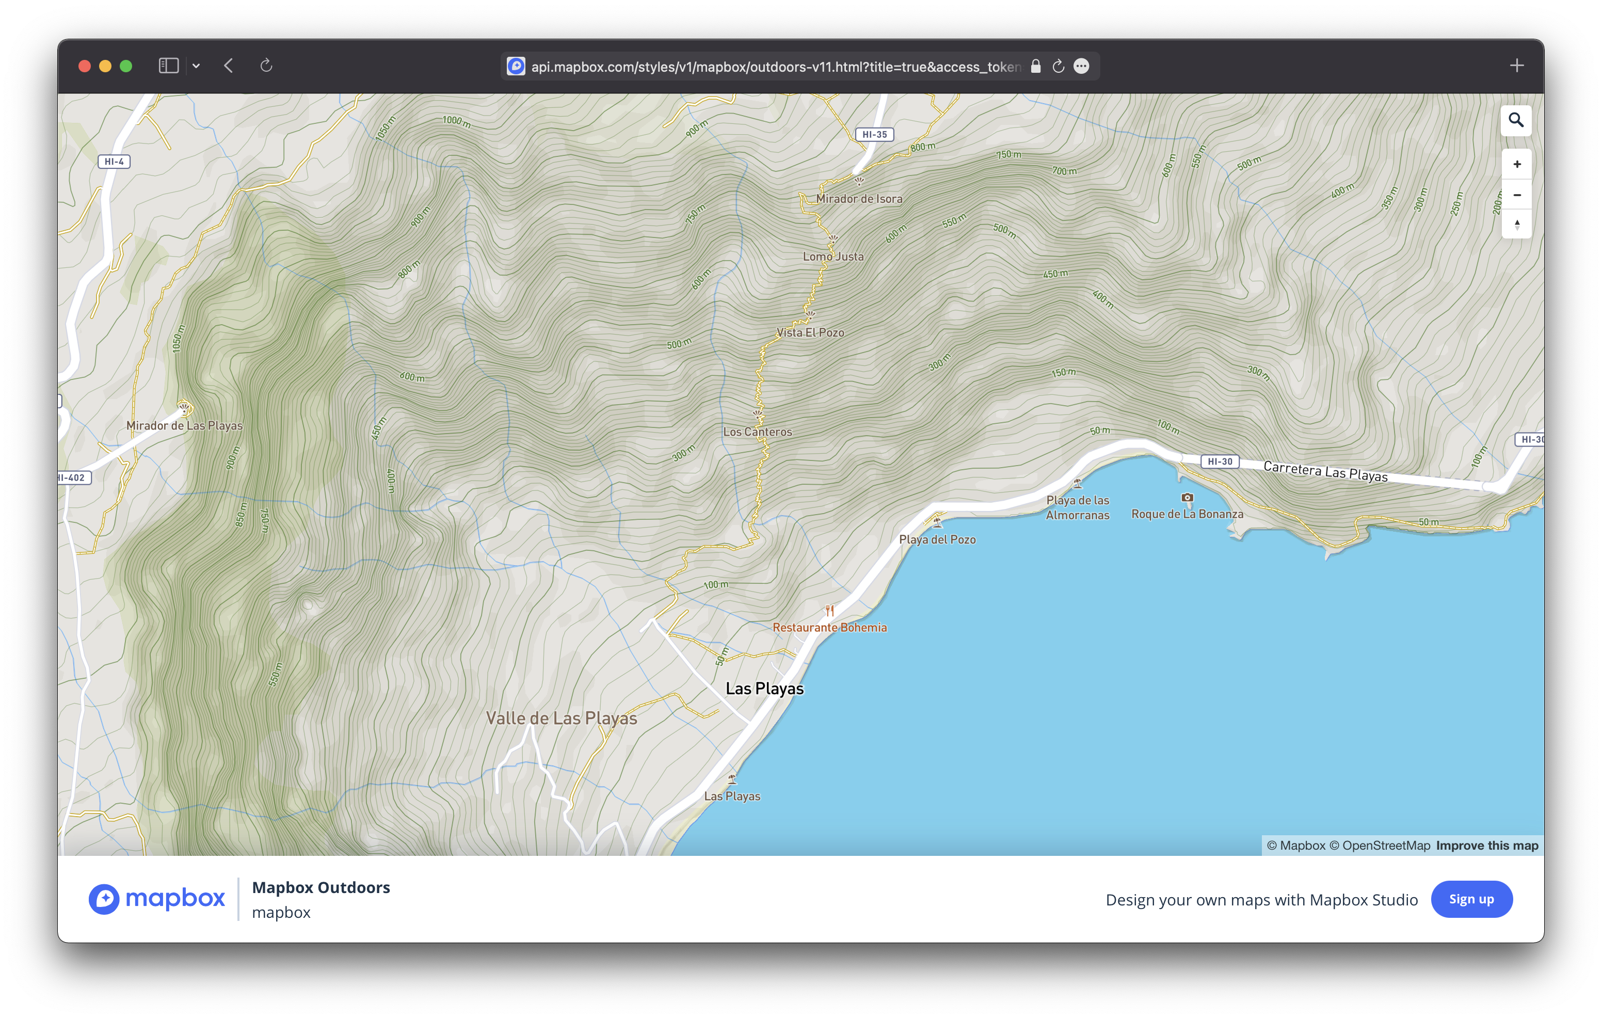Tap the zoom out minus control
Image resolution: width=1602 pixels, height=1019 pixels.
1516,195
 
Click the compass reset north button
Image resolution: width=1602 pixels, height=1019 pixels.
1516,225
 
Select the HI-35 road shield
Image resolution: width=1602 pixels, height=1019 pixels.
874,134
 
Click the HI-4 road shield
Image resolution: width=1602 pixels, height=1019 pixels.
114,162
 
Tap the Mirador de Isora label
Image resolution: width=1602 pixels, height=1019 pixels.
859,199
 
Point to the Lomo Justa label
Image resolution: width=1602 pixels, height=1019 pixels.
833,257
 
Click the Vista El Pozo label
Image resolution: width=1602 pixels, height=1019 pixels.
810,333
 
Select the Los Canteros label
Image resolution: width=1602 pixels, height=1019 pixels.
757,432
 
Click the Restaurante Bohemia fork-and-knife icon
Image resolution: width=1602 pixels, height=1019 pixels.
829,610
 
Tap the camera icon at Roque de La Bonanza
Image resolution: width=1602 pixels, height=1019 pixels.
1187,498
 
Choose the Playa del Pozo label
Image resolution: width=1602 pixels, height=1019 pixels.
937,540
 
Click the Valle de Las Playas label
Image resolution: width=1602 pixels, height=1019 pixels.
561,719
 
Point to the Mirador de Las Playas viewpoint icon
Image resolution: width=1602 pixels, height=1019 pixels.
184,408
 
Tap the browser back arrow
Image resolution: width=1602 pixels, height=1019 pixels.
228,66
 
